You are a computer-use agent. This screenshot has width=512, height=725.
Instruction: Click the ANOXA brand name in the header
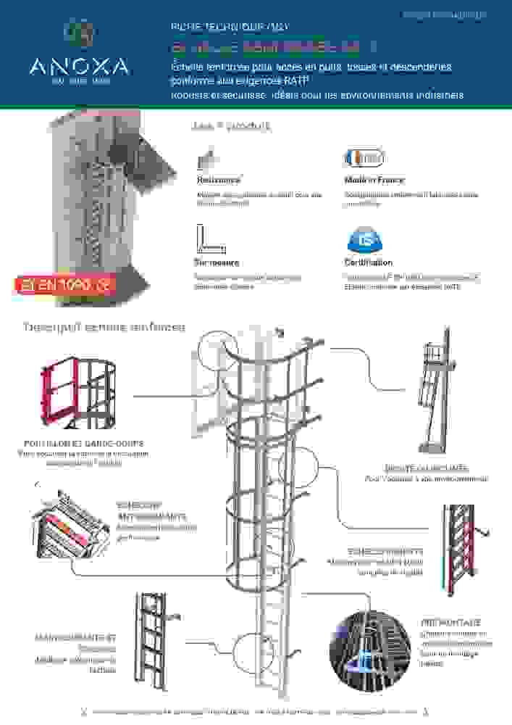80,67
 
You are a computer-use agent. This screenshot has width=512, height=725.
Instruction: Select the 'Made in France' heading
374,180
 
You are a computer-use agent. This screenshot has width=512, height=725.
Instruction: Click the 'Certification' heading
368,262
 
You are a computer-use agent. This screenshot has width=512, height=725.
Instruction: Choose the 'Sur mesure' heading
216,262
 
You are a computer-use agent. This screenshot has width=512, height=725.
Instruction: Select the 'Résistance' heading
219,180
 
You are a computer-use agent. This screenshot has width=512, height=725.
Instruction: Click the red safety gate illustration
80,391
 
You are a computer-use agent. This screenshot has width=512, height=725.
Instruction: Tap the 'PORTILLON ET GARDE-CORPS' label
83,443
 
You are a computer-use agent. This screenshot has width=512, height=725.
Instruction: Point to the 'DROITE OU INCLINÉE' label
426,468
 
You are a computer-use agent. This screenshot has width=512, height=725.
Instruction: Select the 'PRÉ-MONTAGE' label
450,623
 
